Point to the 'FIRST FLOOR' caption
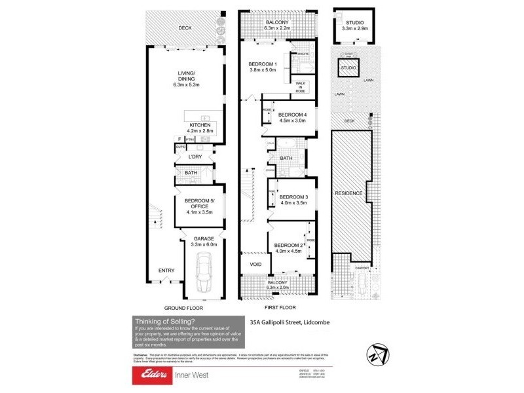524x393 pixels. (280, 307)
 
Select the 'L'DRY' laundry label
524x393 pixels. (195, 157)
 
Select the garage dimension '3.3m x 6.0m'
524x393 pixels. (204, 244)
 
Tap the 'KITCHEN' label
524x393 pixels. (200, 125)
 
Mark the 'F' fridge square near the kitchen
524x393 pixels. (179, 139)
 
